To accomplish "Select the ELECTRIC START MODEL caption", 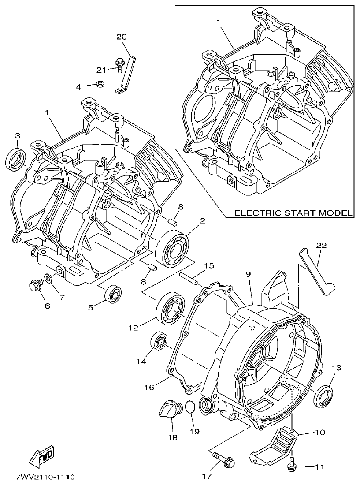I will point(293,213).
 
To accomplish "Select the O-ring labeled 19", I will point(189,407).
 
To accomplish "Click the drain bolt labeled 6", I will point(35,286).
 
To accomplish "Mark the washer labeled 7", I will point(48,279).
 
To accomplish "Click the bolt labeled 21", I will point(119,64).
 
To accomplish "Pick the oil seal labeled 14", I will point(160,341).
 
